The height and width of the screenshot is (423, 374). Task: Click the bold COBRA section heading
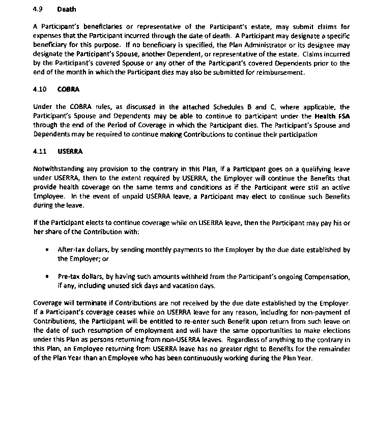click(68, 89)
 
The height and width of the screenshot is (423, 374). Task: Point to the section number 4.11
click(39, 151)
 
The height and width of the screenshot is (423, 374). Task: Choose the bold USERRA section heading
click(70, 151)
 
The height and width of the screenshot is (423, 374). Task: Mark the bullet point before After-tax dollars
click(47, 250)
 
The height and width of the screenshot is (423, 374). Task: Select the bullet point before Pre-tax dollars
click(47, 276)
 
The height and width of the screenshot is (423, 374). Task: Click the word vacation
click(185, 286)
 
